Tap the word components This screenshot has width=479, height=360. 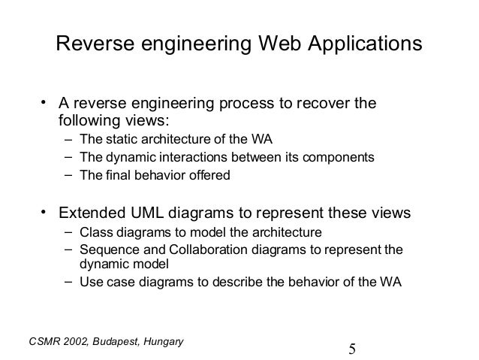339,158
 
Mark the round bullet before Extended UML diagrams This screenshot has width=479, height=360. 44,211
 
